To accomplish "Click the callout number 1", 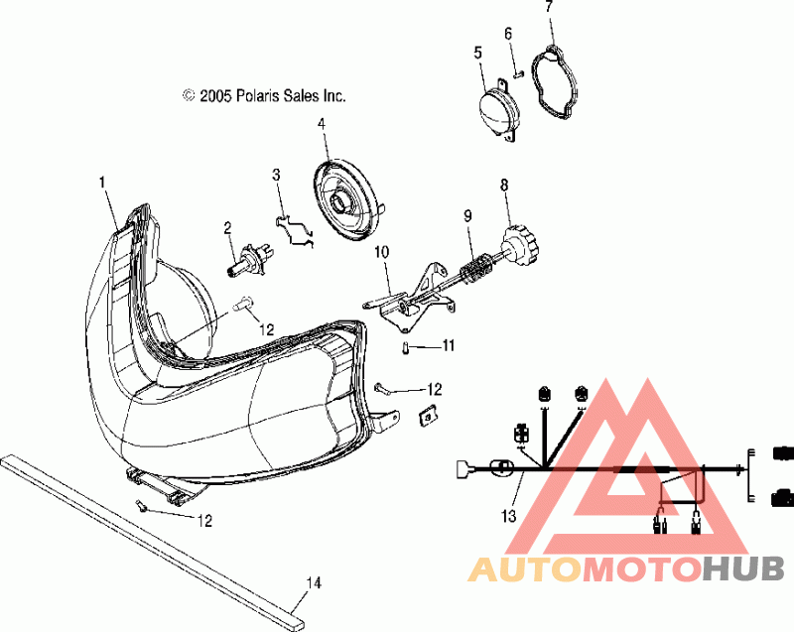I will tap(101, 182).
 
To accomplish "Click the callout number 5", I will tap(477, 53).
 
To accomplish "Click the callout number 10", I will tap(382, 253).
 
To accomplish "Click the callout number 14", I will tap(314, 583).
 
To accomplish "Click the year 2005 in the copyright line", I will tap(214, 96).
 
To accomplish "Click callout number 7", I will tap(548, 8).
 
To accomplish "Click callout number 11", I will tap(448, 346).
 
